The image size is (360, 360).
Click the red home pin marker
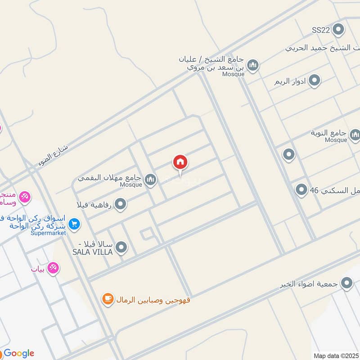tap(180, 162)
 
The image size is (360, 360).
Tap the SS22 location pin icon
tap(339, 30)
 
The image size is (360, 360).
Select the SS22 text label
tap(321, 30)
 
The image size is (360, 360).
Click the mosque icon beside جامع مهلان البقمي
tap(150, 180)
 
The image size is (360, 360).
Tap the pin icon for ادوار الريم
tap(315, 81)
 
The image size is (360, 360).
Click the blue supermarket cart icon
tap(74, 223)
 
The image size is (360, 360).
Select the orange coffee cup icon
tap(108, 299)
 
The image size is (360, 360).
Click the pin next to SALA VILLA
tap(121, 247)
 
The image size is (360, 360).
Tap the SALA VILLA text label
tap(92, 252)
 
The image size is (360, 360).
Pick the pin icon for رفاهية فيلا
tap(120, 205)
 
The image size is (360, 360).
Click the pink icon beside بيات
tap(53, 268)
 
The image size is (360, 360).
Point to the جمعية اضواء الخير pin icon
tap(346, 283)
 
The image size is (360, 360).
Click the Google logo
tap(18, 353)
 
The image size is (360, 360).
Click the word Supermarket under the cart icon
tap(48, 233)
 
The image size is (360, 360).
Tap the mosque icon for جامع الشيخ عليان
tap(253, 66)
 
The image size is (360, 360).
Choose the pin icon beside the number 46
tap(301, 190)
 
